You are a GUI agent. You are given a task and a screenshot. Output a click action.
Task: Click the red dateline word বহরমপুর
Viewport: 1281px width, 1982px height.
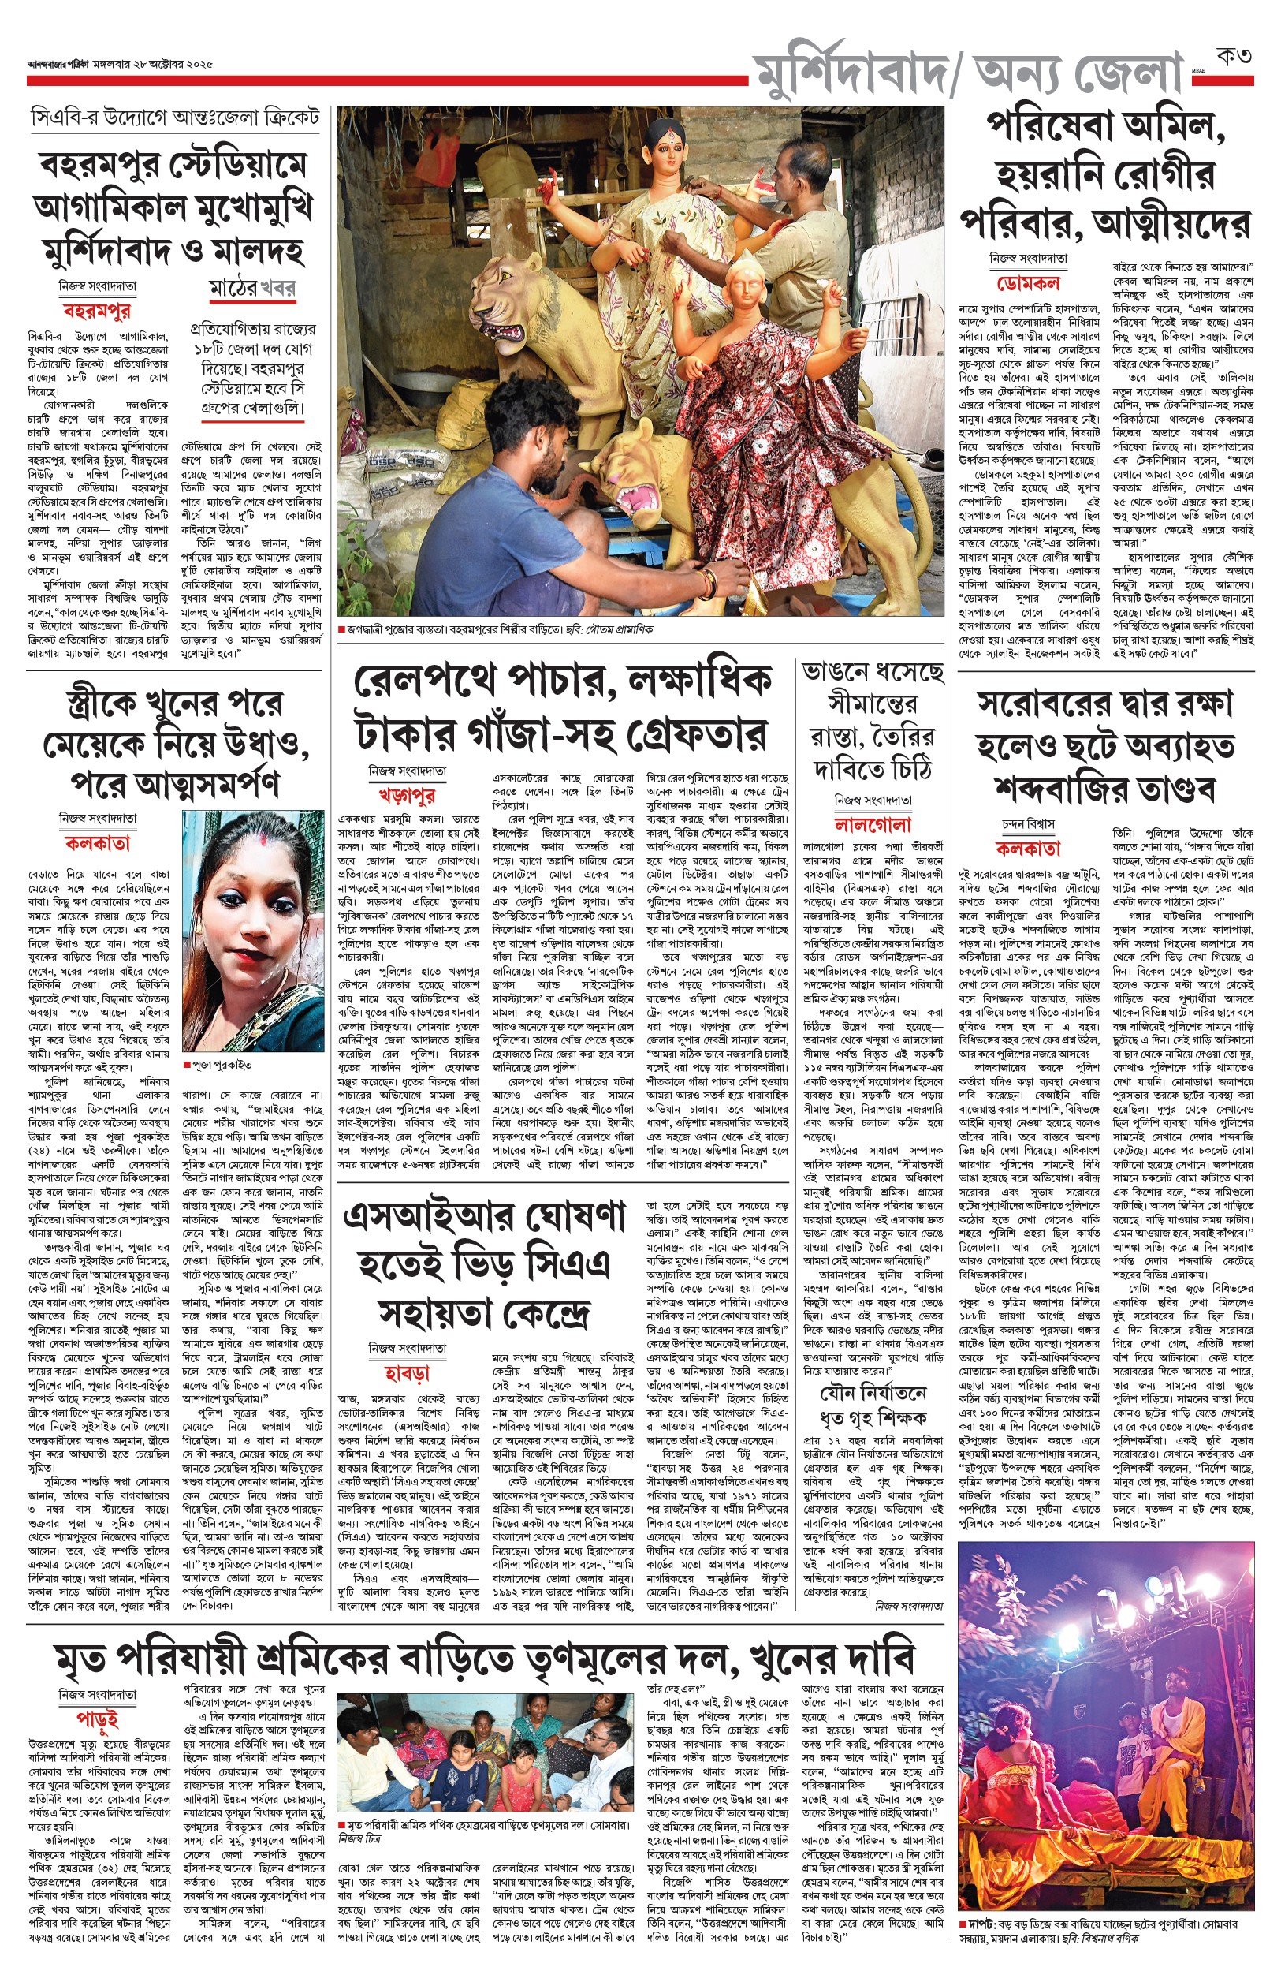pos(96,312)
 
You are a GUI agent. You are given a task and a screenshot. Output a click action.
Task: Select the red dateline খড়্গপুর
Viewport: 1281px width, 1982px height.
pos(407,795)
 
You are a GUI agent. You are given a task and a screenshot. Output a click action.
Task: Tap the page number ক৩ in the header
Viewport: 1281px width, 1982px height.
pos(1233,58)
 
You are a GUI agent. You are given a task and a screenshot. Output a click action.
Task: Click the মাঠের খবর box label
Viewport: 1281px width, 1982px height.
pos(252,288)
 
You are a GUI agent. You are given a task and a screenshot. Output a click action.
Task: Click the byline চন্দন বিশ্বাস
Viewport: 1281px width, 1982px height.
pos(1028,823)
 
